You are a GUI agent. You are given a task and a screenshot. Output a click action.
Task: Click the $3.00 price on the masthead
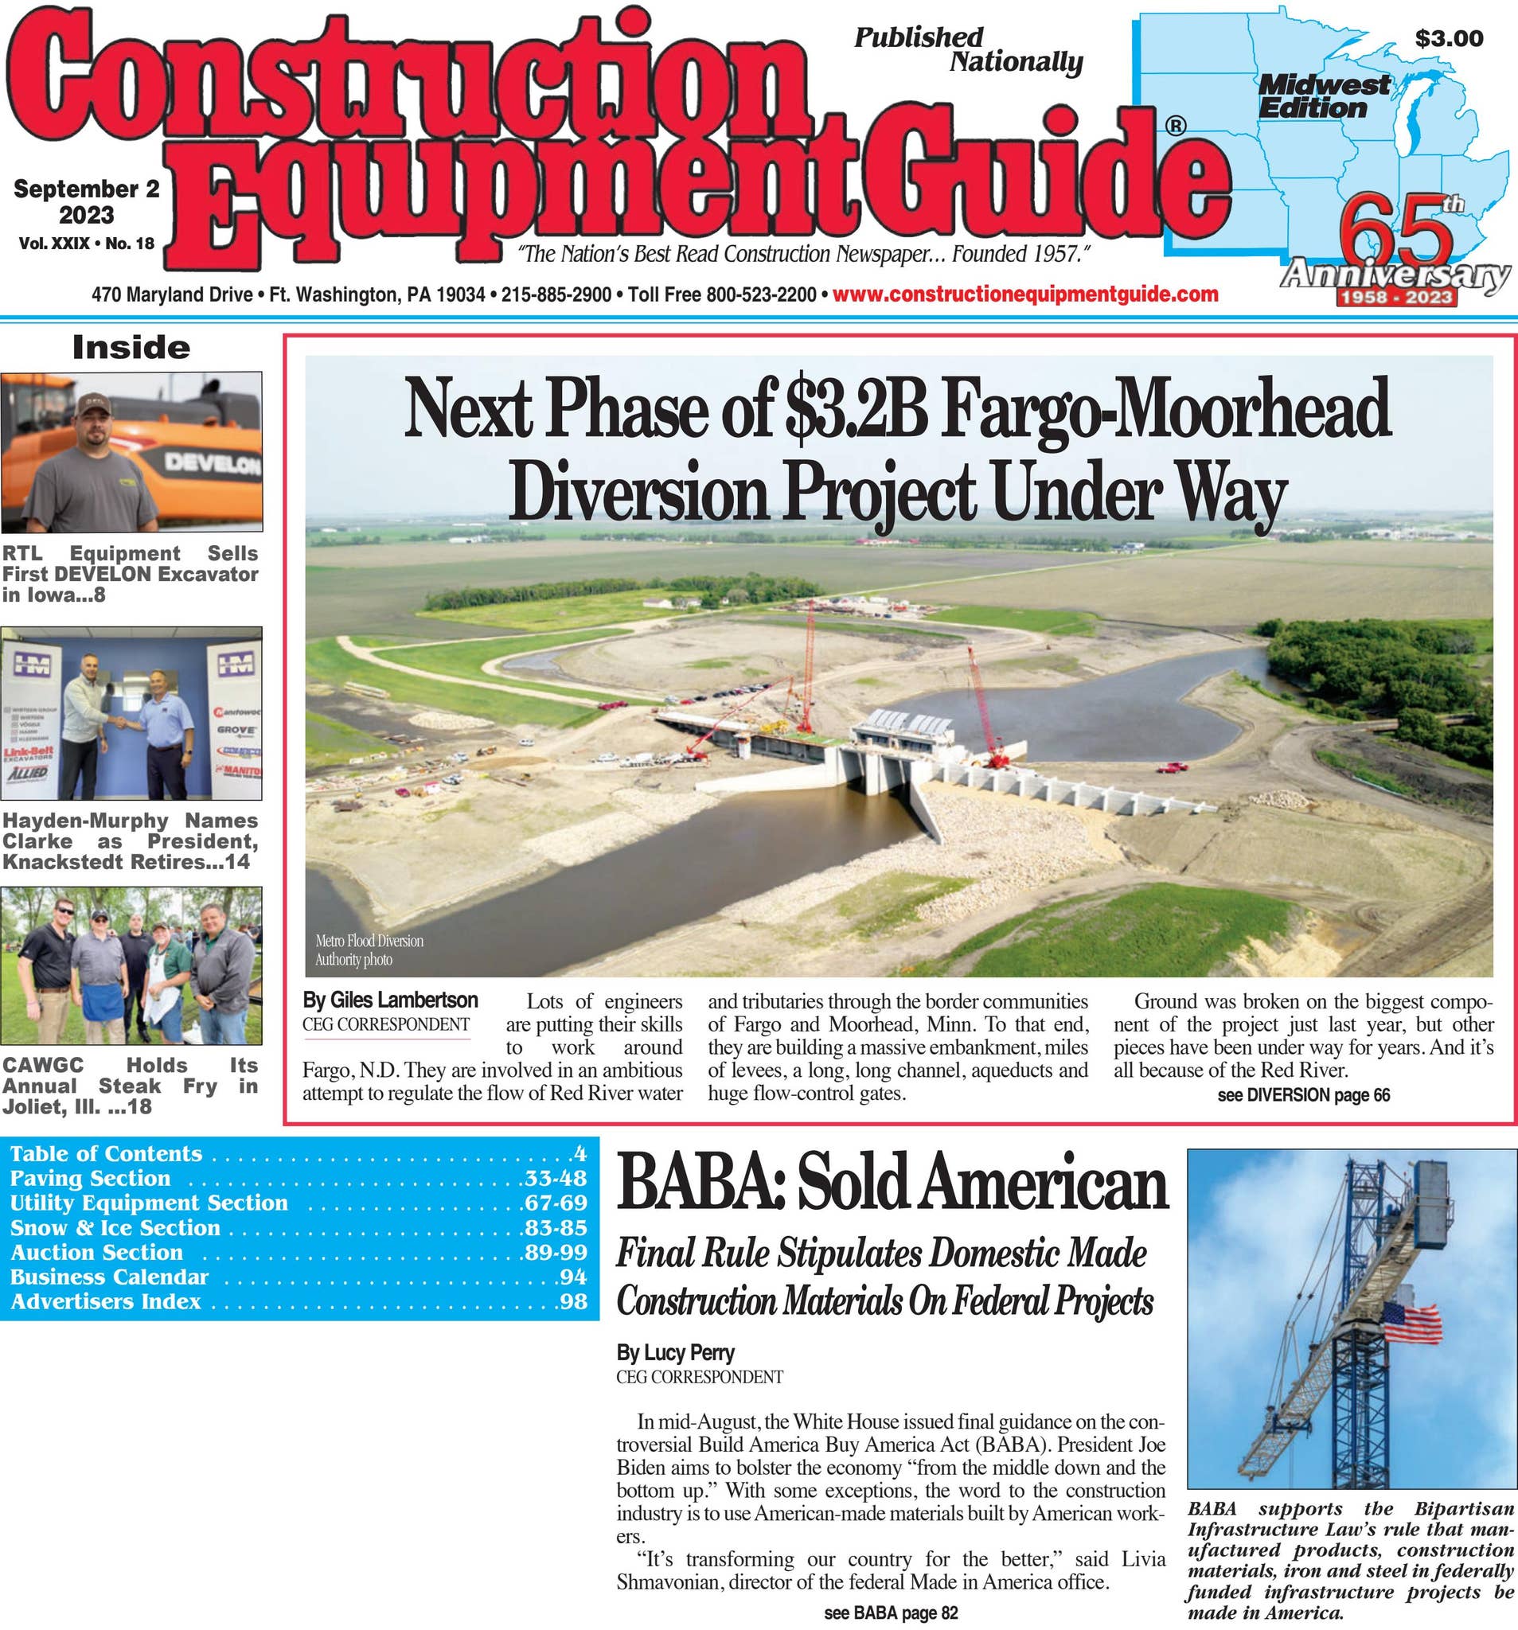[1448, 38]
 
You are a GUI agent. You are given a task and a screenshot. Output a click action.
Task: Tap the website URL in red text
[1025, 294]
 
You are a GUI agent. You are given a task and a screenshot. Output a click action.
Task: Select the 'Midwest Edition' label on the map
[1323, 96]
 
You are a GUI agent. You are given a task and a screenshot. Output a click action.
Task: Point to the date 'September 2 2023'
[86, 201]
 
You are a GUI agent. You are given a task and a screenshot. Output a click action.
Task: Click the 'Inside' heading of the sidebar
[131, 348]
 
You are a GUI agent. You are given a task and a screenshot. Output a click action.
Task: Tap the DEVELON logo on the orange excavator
[213, 464]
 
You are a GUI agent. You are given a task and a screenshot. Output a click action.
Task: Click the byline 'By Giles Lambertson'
[389, 1000]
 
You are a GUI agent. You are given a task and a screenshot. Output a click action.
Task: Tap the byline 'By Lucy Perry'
[675, 1352]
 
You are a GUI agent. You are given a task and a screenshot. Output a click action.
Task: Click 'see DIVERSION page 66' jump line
[1303, 1094]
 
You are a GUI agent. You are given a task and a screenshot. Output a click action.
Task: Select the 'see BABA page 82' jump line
[890, 1612]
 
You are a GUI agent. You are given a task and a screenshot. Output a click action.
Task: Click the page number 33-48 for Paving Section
[554, 1178]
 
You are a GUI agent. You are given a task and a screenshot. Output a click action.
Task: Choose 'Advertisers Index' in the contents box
[106, 1301]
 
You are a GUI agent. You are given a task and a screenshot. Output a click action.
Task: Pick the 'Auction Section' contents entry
[97, 1252]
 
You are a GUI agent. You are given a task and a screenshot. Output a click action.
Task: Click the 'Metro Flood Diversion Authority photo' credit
[369, 950]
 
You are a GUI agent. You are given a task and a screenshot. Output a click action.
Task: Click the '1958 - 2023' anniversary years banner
[1395, 297]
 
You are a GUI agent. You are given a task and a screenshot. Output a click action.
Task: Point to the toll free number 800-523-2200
[763, 294]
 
